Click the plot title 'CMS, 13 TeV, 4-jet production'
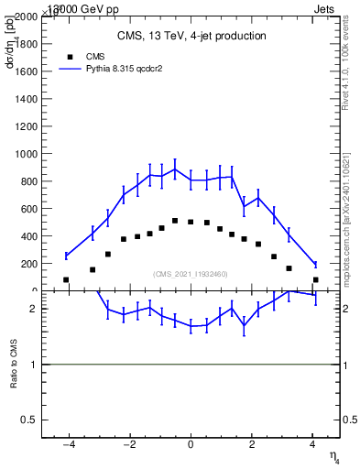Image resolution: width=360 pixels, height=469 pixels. [191, 37]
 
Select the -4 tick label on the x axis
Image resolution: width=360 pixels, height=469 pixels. [68, 445]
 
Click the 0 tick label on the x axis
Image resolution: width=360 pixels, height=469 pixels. [191, 445]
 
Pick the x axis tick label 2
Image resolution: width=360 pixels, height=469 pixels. [251, 445]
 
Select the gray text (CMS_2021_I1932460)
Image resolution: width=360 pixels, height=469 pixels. [190, 274]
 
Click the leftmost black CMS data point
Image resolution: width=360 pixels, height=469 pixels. [66, 279]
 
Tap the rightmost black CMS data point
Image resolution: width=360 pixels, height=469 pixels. [315, 279]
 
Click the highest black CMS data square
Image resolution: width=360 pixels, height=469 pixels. [175, 221]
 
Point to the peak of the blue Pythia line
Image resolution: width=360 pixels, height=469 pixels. [175, 169]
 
